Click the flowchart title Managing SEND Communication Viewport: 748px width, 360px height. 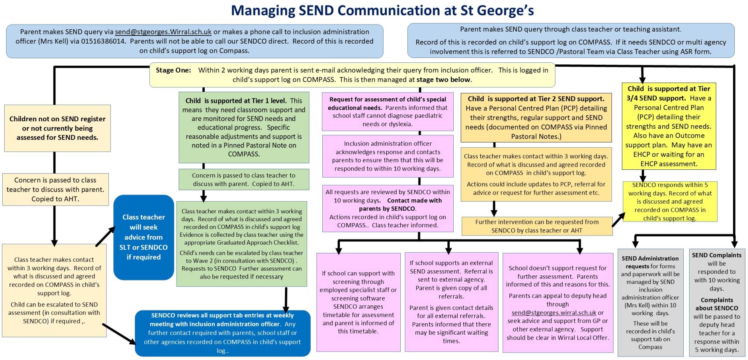point(382,11)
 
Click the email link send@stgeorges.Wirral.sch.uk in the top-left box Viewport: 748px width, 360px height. point(163,32)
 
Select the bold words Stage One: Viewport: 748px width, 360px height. point(173,70)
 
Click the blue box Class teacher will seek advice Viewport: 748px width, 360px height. point(143,237)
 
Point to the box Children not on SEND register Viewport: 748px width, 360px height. point(57,128)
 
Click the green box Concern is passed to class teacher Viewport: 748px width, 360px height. point(244,179)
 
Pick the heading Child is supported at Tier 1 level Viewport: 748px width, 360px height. point(236,101)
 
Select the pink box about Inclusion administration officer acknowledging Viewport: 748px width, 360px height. point(387,156)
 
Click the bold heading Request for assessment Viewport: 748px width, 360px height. point(387,103)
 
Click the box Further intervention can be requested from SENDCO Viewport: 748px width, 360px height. point(537,226)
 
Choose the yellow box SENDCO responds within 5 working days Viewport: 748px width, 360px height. point(669,201)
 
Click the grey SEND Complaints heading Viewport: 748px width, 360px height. point(716,255)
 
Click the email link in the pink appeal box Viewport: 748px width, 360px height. point(554,313)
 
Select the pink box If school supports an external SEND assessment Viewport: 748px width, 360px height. point(451,301)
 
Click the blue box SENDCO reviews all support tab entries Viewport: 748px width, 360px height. point(223,333)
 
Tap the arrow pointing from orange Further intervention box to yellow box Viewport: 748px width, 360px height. point(618,220)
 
